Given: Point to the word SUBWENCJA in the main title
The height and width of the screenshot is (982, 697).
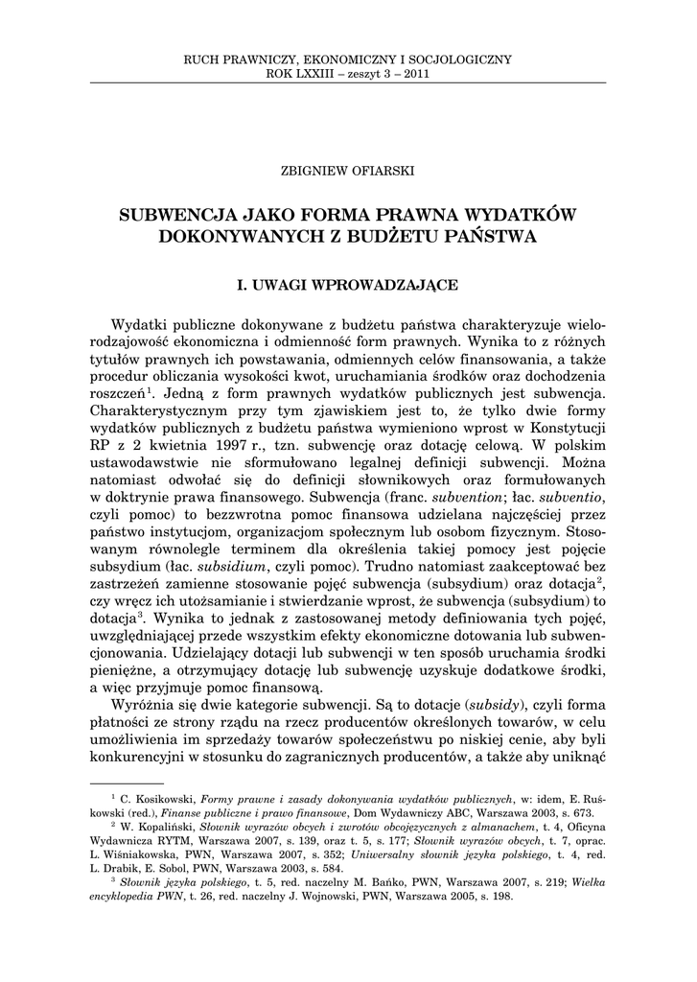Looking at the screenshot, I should pyautogui.click(x=172, y=214).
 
